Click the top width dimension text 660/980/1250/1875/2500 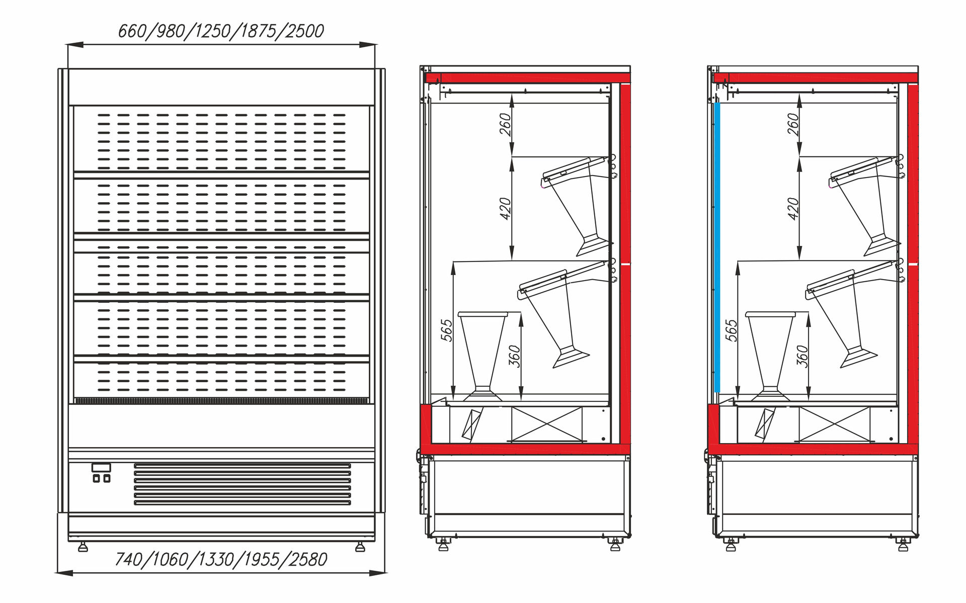point(221,31)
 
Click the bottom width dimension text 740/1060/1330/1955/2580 point(221,559)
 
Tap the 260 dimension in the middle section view point(506,124)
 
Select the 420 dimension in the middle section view point(506,209)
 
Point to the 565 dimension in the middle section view point(446,330)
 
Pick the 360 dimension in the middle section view point(514,356)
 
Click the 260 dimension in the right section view point(793,124)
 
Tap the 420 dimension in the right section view point(793,209)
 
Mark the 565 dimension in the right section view point(731,330)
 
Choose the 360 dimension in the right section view point(802,356)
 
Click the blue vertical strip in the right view point(717,246)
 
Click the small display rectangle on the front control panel point(101,468)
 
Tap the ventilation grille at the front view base point(242,484)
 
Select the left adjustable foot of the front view point(83,547)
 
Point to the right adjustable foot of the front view point(360,547)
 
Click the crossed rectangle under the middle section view point(546,424)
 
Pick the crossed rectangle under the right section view point(834,424)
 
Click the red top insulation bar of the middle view point(527,78)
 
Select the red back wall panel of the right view point(913,262)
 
